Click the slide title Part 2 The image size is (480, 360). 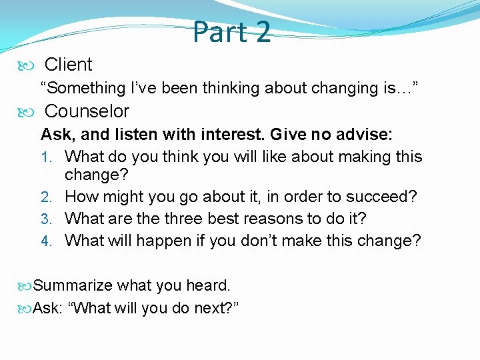pyautogui.click(x=232, y=31)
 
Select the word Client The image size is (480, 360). pyautogui.click(x=68, y=65)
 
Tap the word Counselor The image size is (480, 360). pyautogui.click(x=87, y=111)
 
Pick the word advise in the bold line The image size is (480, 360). pyautogui.click(x=364, y=135)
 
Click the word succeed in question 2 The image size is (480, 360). pyautogui.click(x=385, y=197)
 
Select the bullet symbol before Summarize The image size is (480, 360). pyautogui.click(x=27, y=286)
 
